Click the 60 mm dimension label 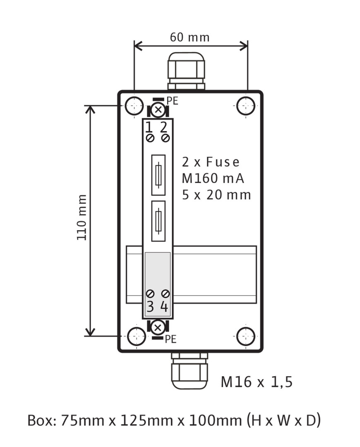(x=190, y=37)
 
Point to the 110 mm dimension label (x=82, y=217)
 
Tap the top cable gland (x=186, y=71)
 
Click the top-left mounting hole (x=134, y=106)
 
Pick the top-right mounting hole (x=246, y=106)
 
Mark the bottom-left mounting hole (x=137, y=336)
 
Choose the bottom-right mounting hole (x=246, y=336)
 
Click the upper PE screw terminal (x=158, y=110)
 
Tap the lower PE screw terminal (x=158, y=328)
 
